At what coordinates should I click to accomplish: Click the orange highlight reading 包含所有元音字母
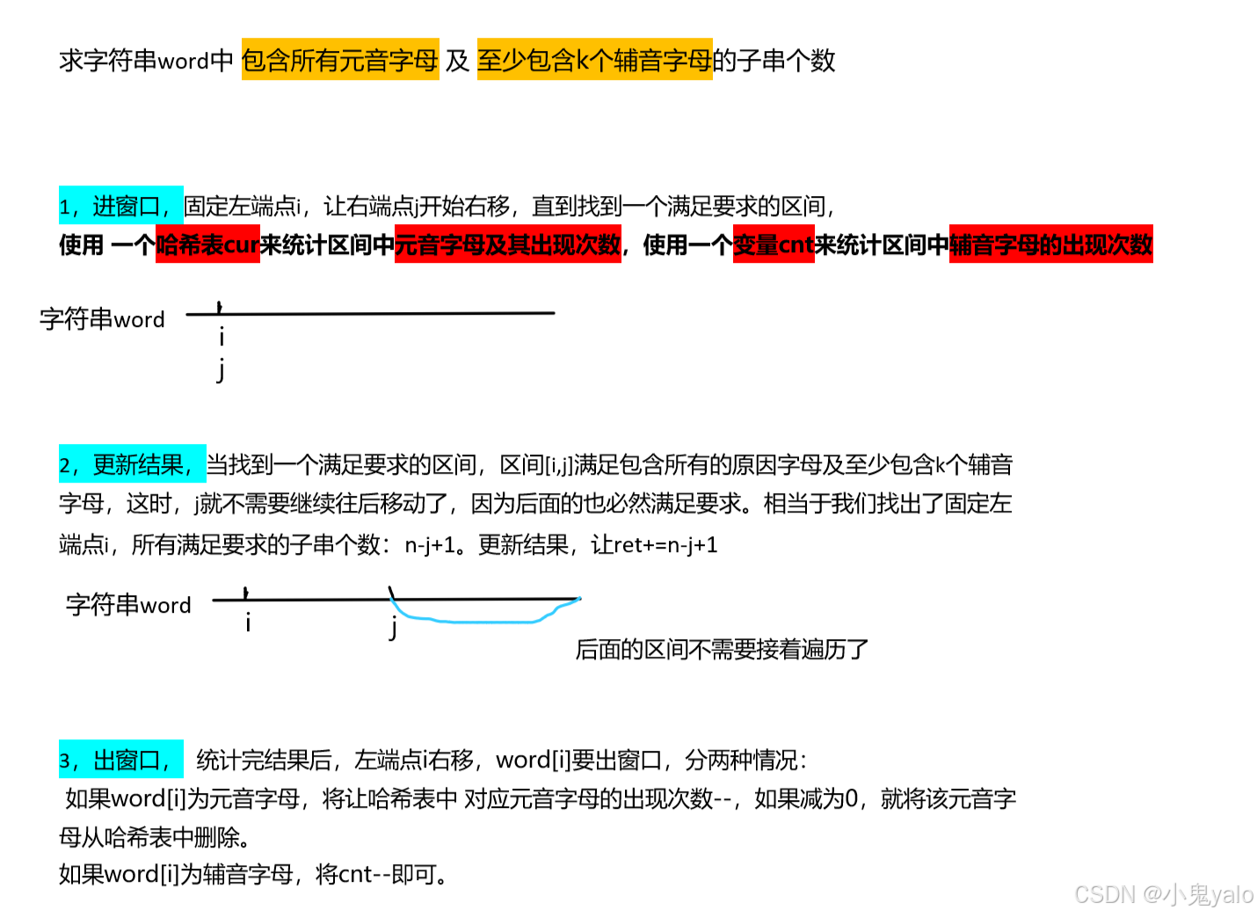click(x=340, y=60)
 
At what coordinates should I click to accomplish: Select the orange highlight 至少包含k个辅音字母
click(x=594, y=60)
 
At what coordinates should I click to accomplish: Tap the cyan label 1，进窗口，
click(x=120, y=206)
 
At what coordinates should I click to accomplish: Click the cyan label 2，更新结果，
click(x=132, y=464)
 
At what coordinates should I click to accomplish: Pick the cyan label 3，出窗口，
click(x=120, y=760)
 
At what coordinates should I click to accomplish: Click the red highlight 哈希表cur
click(x=207, y=244)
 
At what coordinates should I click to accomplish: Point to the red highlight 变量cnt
click(x=774, y=244)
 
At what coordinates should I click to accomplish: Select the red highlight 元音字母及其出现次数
click(x=508, y=244)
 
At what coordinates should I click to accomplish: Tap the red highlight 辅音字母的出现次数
click(x=1050, y=244)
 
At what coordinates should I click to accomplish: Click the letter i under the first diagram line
click(x=222, y=337)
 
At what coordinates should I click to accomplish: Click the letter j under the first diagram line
click(x=222, y=369)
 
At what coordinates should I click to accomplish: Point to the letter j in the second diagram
click(x=394, y=628)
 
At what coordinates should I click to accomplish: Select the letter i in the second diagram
click(x=248, y=623)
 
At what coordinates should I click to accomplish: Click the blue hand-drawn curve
click(x=483, y=621)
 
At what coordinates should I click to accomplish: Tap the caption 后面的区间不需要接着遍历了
click(x=722, y=650)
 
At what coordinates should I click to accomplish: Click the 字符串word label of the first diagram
click(x=102, y=319)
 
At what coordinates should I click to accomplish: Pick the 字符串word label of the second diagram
click(x=128, y=605)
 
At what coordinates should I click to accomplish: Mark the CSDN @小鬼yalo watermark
click(x=1164, y=894)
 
